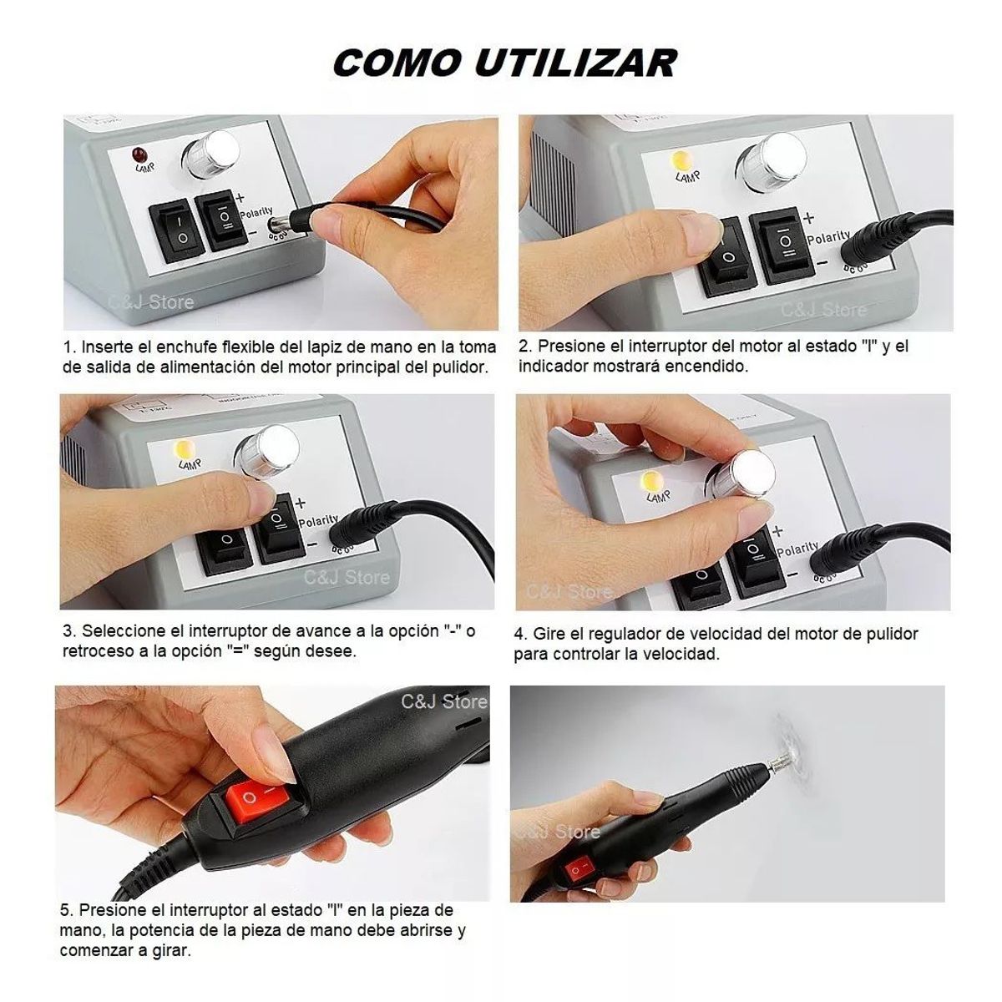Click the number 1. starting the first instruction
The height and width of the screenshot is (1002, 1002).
click(x=71, y=347)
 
